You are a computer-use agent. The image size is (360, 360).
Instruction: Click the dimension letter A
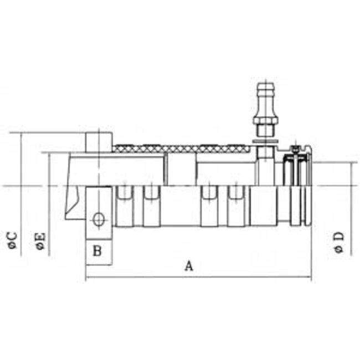[188, 266]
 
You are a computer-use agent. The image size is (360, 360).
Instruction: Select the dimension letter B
[97, 251]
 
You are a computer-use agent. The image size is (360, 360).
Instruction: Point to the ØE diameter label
[40, 241]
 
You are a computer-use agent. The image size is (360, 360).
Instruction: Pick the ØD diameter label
[340, 241]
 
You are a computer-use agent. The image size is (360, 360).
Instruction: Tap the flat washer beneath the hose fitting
[263, 143]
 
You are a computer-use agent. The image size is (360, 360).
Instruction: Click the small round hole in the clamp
[99, 219]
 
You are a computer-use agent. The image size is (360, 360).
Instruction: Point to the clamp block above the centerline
[99, 142]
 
